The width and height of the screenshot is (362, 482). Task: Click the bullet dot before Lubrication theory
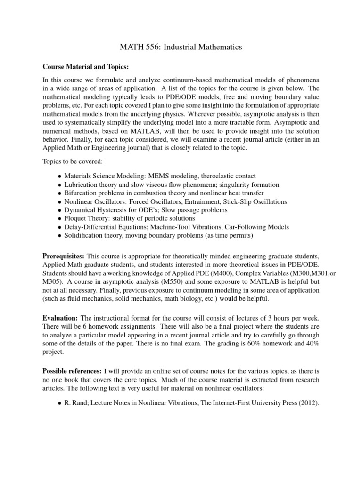tap(59, 185)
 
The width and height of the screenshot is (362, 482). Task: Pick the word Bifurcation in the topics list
tap(81, 193)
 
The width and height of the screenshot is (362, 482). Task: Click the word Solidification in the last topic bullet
tap(84, 235)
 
